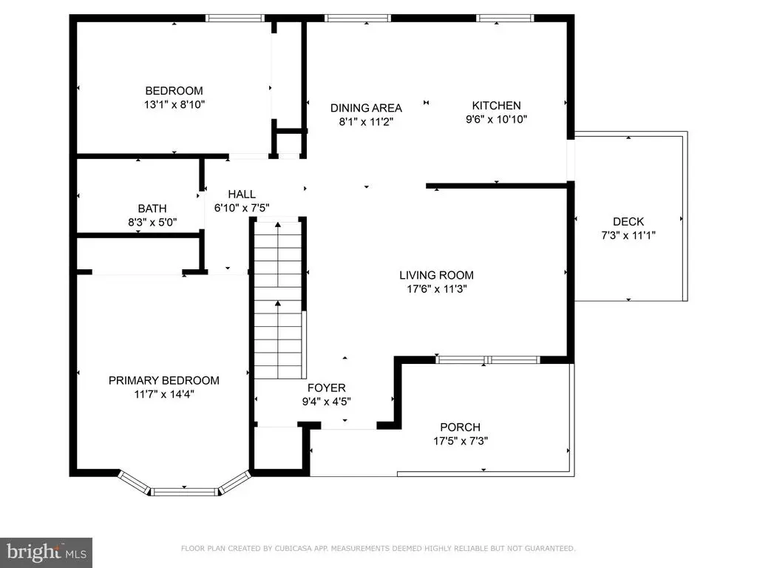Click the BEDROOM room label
(174, 90)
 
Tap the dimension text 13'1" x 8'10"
(174, 104)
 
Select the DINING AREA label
(366, 108)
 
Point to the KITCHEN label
(496, 105)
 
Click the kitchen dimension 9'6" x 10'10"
(496, 119)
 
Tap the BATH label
(152, 208)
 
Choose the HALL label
(242, 195)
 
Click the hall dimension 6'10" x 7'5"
(242, 208)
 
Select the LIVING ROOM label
(436, 275)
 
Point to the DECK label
(628, 222)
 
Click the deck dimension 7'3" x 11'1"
(628, 235)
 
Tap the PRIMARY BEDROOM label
(163, 381)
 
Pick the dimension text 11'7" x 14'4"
(163, 394)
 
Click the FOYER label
(326, 388)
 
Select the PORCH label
(460, 427)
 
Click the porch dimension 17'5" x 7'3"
(460, 441)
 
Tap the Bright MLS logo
(46, 552)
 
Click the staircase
(278, 299)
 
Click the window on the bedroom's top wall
(235, 18)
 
